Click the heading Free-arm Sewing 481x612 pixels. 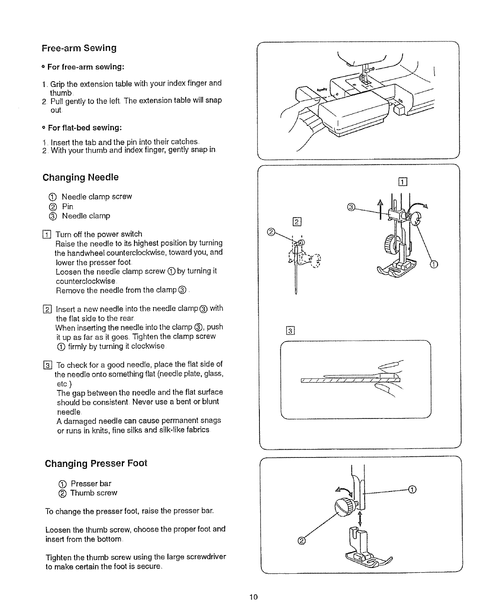click(79, 48)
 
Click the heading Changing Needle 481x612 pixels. click(80, 178)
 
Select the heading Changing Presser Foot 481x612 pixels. click(96, 463)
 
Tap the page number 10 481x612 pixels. click(253, 597)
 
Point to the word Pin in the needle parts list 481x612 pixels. click(68, 206)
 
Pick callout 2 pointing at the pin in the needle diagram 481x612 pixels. click(271, 232)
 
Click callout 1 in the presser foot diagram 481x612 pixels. click(413, 490)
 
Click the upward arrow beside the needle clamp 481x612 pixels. click(380, 209)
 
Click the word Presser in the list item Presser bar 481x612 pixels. click(84, 484)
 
